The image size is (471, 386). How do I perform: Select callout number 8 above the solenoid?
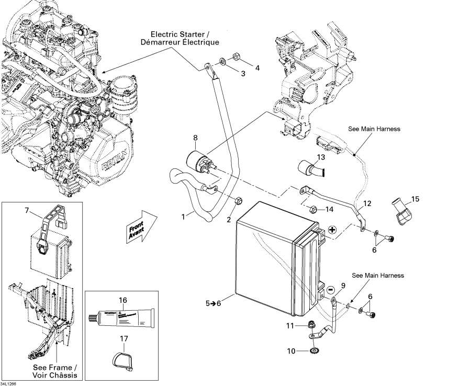pyautogui.click(x=195, y=139)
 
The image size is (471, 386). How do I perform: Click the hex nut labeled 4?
pyautogui.click(x=235, y=56)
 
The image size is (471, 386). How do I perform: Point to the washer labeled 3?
pyautogui.click(x=223, y=62)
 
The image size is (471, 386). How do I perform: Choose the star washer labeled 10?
pyautogui.click(x=315, y=350)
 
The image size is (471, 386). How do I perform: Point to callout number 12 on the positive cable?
pyautogui.click(x=367, y=203)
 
